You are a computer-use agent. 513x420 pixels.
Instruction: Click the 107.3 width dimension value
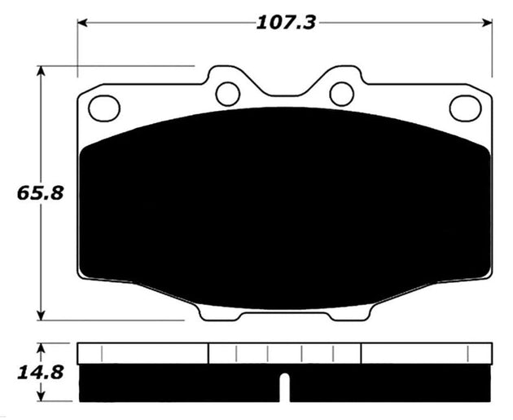point(286,23)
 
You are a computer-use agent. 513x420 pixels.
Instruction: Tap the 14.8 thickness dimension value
point(21,374)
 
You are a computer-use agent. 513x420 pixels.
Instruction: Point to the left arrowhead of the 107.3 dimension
point(82,23)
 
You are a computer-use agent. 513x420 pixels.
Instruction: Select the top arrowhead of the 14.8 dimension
point(41,346)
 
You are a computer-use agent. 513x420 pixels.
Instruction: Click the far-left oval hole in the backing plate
point(103,107)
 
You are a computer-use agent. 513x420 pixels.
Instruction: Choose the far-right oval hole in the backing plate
point(465,107)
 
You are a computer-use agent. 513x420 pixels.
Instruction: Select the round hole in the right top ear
point(341,93)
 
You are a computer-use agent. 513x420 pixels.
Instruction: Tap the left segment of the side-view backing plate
point(143,353)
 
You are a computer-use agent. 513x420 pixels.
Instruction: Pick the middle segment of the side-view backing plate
point(284,353)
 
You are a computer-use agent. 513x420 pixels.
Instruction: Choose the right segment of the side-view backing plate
point(427,353)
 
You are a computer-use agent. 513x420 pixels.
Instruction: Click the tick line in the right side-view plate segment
point(469,354)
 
